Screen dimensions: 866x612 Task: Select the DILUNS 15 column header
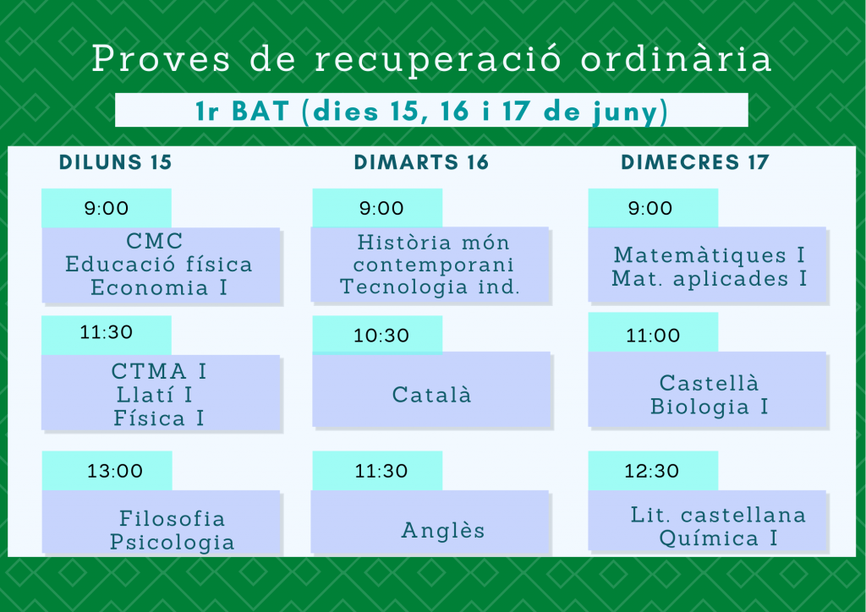[115, 162]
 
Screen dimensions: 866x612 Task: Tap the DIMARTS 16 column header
[421, 162]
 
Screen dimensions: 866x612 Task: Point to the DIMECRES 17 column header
[695, 162]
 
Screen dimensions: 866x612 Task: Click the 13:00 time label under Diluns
[115, 471]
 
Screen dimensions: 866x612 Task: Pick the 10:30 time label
[381, 336]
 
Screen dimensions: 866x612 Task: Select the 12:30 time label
[652, 471]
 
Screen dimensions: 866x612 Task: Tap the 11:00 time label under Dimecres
[653, 336]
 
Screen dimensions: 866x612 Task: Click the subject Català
[432, 395]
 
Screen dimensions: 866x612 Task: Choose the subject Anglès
[443, 530]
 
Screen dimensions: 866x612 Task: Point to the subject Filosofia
[173, 518]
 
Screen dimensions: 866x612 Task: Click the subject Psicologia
[173, 542]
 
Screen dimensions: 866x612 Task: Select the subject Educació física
[159, 265]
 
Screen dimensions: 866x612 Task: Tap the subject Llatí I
[154, 395]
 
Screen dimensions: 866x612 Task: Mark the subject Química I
[719, 538]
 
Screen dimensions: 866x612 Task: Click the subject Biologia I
[710, 407]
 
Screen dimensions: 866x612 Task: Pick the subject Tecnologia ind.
[430, 287]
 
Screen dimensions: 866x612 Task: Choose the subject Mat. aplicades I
[710, 279]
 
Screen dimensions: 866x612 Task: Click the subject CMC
[155, 241]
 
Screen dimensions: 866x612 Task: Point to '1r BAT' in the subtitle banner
[243, 111]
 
